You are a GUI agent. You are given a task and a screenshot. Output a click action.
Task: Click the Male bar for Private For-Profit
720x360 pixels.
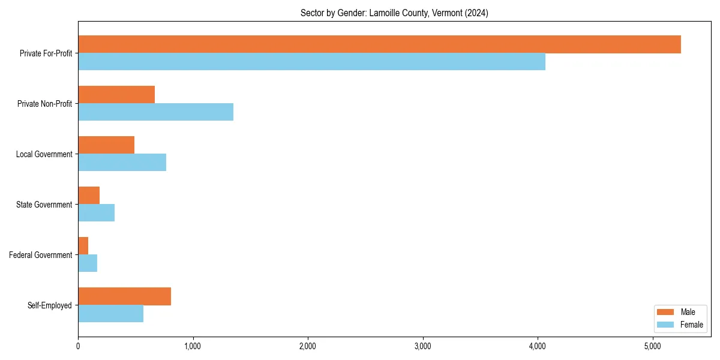point(379,44)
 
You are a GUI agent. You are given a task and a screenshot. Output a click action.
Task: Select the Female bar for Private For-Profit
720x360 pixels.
point(311,62)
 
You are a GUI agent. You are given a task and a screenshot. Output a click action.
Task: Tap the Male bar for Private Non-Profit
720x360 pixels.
point(116,95)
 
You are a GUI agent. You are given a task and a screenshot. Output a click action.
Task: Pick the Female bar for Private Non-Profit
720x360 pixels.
point(155,112)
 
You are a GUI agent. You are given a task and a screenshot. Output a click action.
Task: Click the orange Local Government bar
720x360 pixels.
point(106,145)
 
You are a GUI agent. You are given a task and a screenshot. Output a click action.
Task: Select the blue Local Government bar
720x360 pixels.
point(122,163)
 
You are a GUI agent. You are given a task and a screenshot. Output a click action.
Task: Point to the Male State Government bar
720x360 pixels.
point(89,196)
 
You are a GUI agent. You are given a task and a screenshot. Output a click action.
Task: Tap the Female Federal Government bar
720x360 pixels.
point(88,263)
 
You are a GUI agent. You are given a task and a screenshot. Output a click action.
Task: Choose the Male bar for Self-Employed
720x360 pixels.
point(124,296)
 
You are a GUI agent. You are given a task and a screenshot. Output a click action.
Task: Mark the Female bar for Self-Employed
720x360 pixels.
point(110,314)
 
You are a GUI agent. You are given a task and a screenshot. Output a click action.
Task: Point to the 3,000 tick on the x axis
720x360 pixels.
point(423,346)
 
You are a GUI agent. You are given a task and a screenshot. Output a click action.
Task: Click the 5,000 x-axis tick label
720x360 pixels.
point(653,346)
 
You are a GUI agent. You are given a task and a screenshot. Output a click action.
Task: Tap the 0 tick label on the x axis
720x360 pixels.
point(78,346)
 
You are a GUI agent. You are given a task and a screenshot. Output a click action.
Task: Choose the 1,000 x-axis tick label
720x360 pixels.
point(193,346)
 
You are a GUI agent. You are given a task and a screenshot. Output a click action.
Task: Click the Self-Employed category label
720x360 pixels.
point(50,305)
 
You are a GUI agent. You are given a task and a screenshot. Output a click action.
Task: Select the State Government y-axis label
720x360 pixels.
point(44,205)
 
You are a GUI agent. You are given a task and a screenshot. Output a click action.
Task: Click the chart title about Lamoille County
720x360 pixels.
point(394,13)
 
